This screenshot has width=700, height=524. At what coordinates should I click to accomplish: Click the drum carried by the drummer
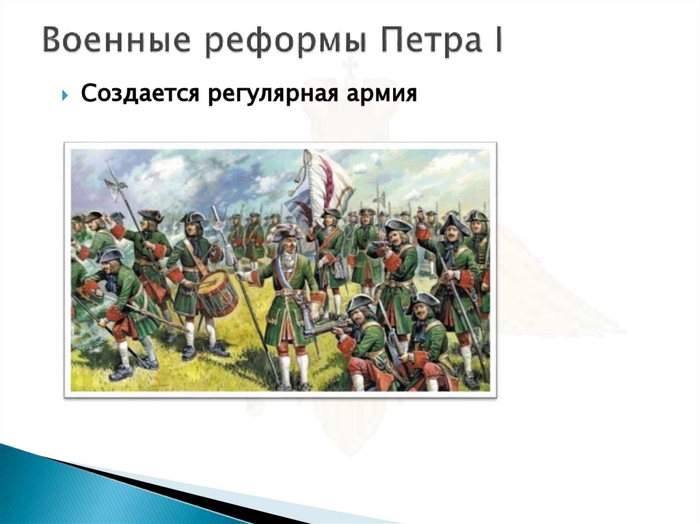point(217,293)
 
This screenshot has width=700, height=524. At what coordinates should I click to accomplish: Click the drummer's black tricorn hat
point(193,218)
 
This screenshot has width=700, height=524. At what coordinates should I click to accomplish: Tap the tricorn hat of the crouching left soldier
point(109,256)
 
